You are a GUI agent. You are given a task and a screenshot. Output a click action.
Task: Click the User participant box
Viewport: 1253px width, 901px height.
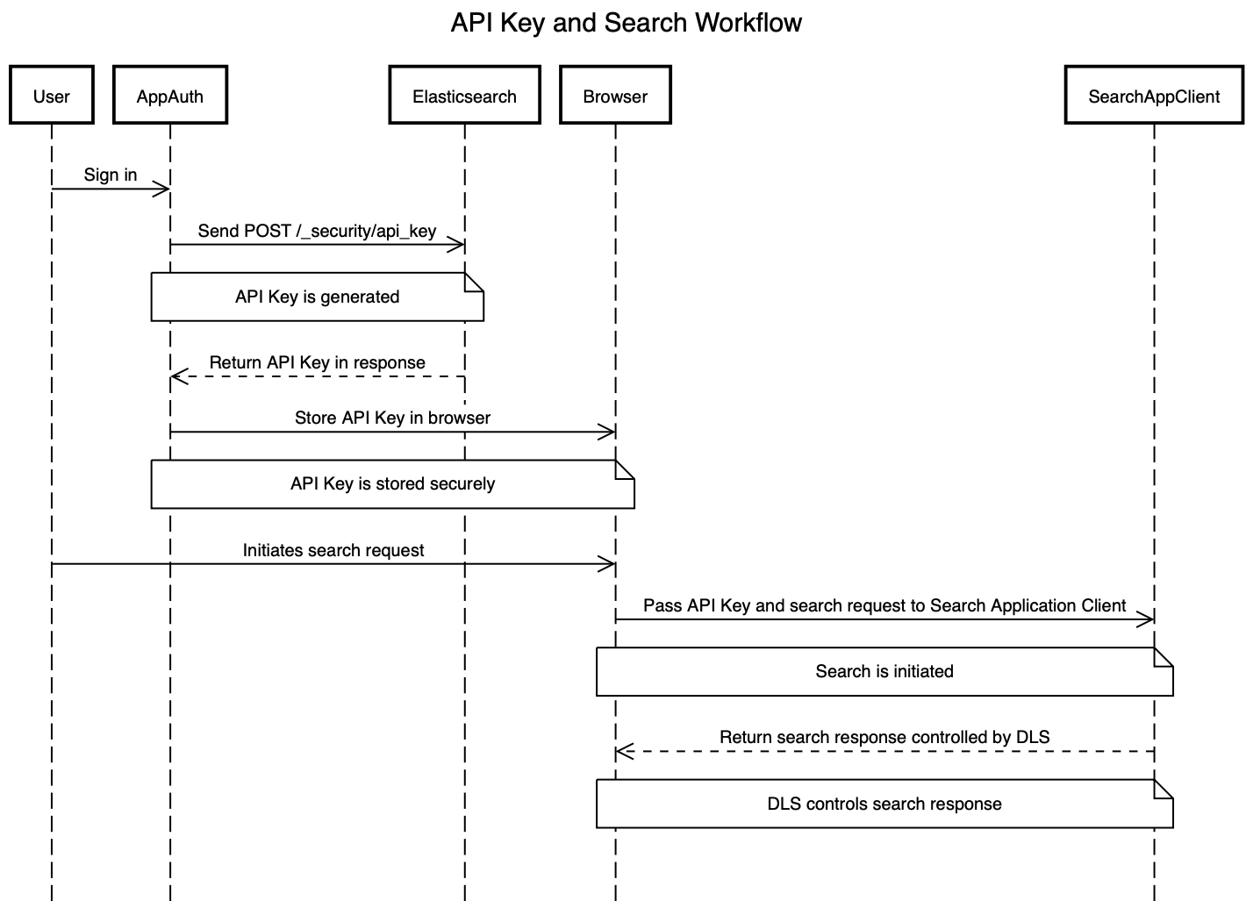coord(51,95)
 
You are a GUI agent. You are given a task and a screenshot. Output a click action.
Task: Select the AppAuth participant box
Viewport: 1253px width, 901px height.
coord(170,95)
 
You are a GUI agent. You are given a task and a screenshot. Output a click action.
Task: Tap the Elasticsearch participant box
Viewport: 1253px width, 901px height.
coord(464,95)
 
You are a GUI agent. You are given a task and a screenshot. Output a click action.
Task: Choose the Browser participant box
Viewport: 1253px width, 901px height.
coord(615,95)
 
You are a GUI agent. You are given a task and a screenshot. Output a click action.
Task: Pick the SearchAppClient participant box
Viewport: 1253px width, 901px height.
coord(1154,95)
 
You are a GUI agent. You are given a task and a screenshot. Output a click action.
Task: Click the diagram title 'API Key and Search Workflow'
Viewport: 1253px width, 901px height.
coord(626,22)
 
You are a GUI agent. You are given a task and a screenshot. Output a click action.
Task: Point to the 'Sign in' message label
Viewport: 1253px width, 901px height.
coord(111,175)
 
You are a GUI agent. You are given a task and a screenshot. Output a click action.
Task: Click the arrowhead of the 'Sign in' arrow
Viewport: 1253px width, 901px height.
coord(163,189)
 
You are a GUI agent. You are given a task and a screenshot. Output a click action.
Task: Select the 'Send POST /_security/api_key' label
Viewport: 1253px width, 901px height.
coord(317,231)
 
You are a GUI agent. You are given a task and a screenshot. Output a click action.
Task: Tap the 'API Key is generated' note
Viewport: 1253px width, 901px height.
coord(317,297)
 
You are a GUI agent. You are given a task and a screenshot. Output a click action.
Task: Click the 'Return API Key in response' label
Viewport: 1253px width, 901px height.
coord(317,362)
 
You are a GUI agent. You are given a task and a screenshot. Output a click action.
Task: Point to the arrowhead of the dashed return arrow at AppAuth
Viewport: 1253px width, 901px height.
coord(177,377)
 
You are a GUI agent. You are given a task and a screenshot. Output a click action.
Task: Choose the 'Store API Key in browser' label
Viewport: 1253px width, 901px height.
coord(392,418)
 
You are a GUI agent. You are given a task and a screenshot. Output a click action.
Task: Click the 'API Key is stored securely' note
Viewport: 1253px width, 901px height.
coord(392,483)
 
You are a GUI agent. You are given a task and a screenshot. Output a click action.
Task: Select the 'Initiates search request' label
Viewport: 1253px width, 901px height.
coord(333,550)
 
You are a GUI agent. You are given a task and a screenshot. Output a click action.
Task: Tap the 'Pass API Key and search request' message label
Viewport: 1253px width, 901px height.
coord(884,605)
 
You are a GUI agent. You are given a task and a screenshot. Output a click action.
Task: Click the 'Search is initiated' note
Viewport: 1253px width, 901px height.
coord(884,671)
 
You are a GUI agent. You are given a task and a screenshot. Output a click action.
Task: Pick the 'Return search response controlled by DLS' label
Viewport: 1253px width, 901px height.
coord(884,737)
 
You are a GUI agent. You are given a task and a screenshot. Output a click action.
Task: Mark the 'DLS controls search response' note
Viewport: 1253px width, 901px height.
coord(884,804)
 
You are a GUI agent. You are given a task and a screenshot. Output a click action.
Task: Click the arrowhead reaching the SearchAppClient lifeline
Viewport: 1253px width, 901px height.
coord(1146,620)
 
